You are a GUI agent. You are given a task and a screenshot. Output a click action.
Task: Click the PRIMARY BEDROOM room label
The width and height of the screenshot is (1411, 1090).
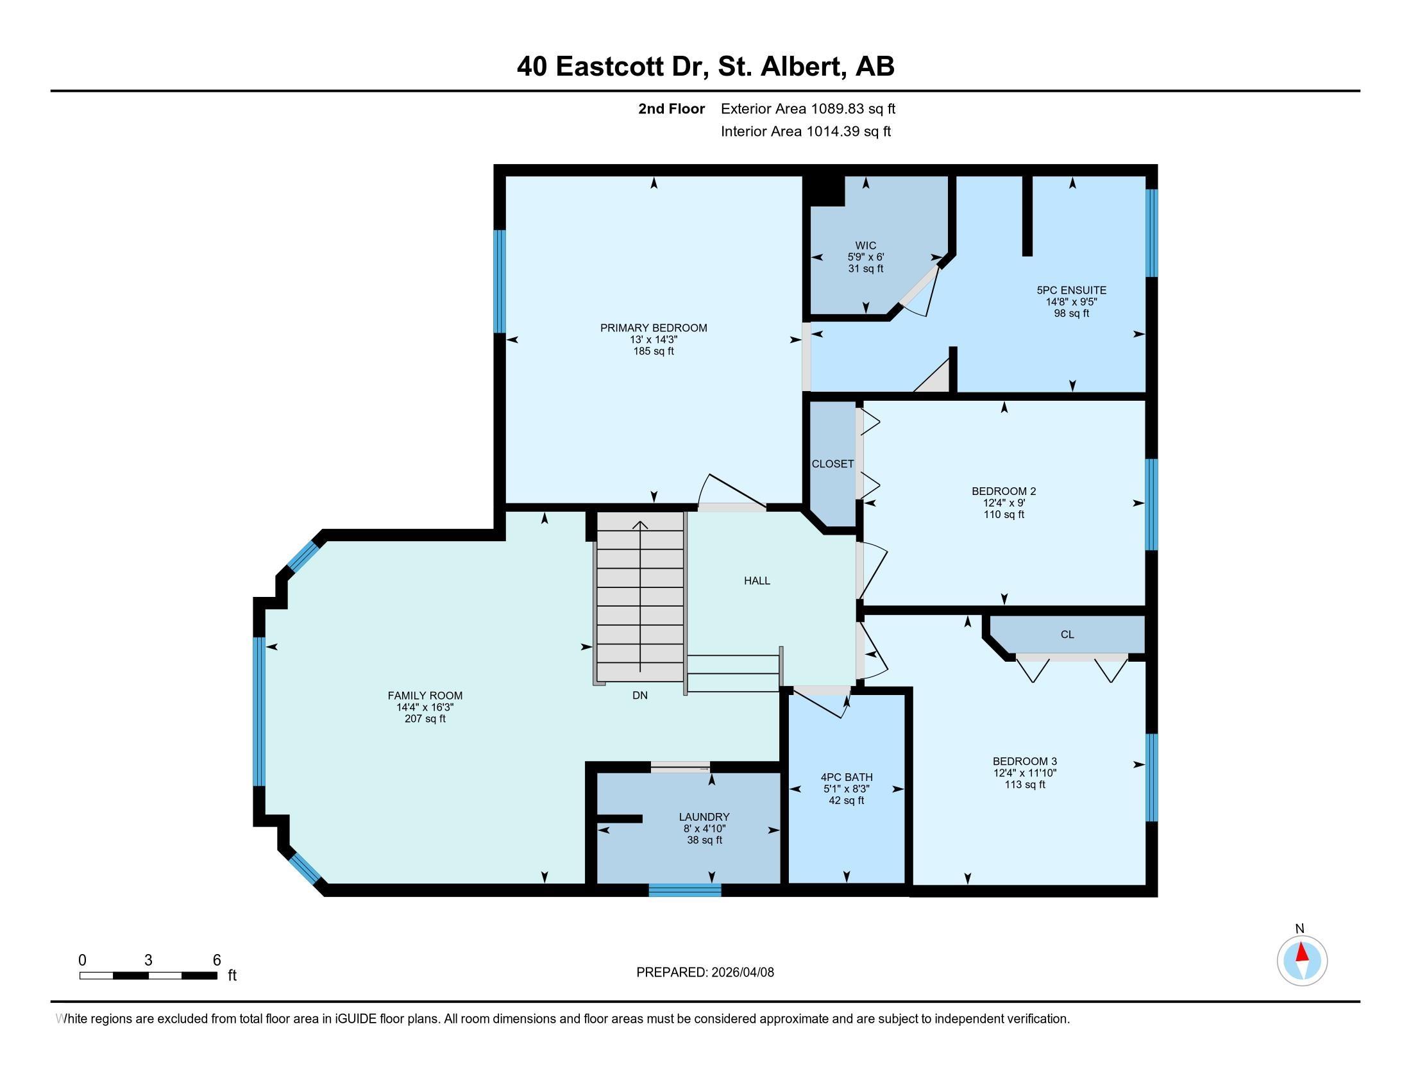coord(653,328)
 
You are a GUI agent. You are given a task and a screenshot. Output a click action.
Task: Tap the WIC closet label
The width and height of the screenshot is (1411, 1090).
coord(866,246)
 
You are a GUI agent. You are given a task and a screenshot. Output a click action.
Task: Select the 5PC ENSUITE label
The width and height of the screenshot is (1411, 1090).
coord(1071,290)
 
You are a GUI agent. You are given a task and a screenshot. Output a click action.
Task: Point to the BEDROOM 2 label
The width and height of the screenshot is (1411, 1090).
coord(1004,491)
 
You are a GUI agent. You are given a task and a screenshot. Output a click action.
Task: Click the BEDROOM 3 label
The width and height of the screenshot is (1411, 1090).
coord(1025,761)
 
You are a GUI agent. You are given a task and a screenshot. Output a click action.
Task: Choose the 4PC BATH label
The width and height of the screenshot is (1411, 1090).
coord(847,778)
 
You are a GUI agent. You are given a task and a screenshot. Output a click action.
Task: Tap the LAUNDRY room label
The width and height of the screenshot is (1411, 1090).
coord(704,817)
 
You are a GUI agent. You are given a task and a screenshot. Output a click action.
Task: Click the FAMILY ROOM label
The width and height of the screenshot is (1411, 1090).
coord(425,696)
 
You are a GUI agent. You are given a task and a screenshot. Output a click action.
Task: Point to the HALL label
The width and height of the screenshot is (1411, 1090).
coord(757,580)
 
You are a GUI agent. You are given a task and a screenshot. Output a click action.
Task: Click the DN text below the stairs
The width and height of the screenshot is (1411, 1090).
coord(639,696)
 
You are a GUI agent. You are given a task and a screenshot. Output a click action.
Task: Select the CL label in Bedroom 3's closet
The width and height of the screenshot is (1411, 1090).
coord(1067,635)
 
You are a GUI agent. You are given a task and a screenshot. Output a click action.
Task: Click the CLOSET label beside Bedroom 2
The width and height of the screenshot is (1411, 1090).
coord(832,464)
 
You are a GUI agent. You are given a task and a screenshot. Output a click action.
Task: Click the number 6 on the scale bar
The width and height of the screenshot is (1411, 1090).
coord(217,960)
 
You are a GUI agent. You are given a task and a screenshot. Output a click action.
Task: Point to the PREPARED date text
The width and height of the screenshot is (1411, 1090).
coord(705,973)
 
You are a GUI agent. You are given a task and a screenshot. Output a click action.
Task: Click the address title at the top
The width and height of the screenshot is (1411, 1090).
coord(705,67)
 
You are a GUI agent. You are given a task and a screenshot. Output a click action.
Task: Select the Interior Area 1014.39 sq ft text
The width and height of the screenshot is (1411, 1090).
coord(806,131)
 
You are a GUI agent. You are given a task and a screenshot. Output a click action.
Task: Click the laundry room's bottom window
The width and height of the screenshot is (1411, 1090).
coord(685,890)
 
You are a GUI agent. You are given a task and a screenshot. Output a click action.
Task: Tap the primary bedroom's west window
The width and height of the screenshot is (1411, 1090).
coord(500,281)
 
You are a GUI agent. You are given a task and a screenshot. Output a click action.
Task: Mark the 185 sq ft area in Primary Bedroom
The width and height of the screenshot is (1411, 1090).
coord(653,351)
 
